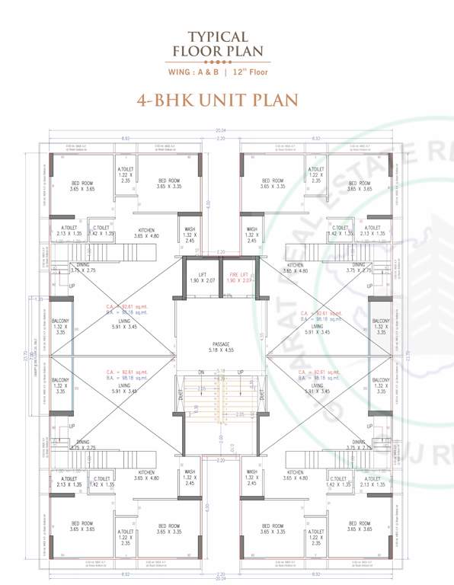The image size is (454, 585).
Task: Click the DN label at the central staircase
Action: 201,372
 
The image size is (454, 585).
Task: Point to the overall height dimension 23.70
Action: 24,355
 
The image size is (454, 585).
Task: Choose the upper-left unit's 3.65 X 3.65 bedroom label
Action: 82,185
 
